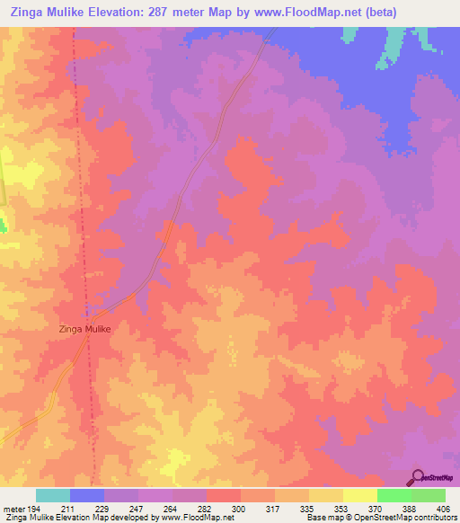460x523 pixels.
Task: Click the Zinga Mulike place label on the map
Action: coord(85,330)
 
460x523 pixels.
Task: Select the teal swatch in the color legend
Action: coord(52,495)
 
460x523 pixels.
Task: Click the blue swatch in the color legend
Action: coord(86,495)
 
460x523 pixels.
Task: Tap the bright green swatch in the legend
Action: coord(394,495)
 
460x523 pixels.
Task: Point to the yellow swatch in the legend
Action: coord(359,495)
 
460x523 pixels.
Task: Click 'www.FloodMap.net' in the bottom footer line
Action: coord(190,517)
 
